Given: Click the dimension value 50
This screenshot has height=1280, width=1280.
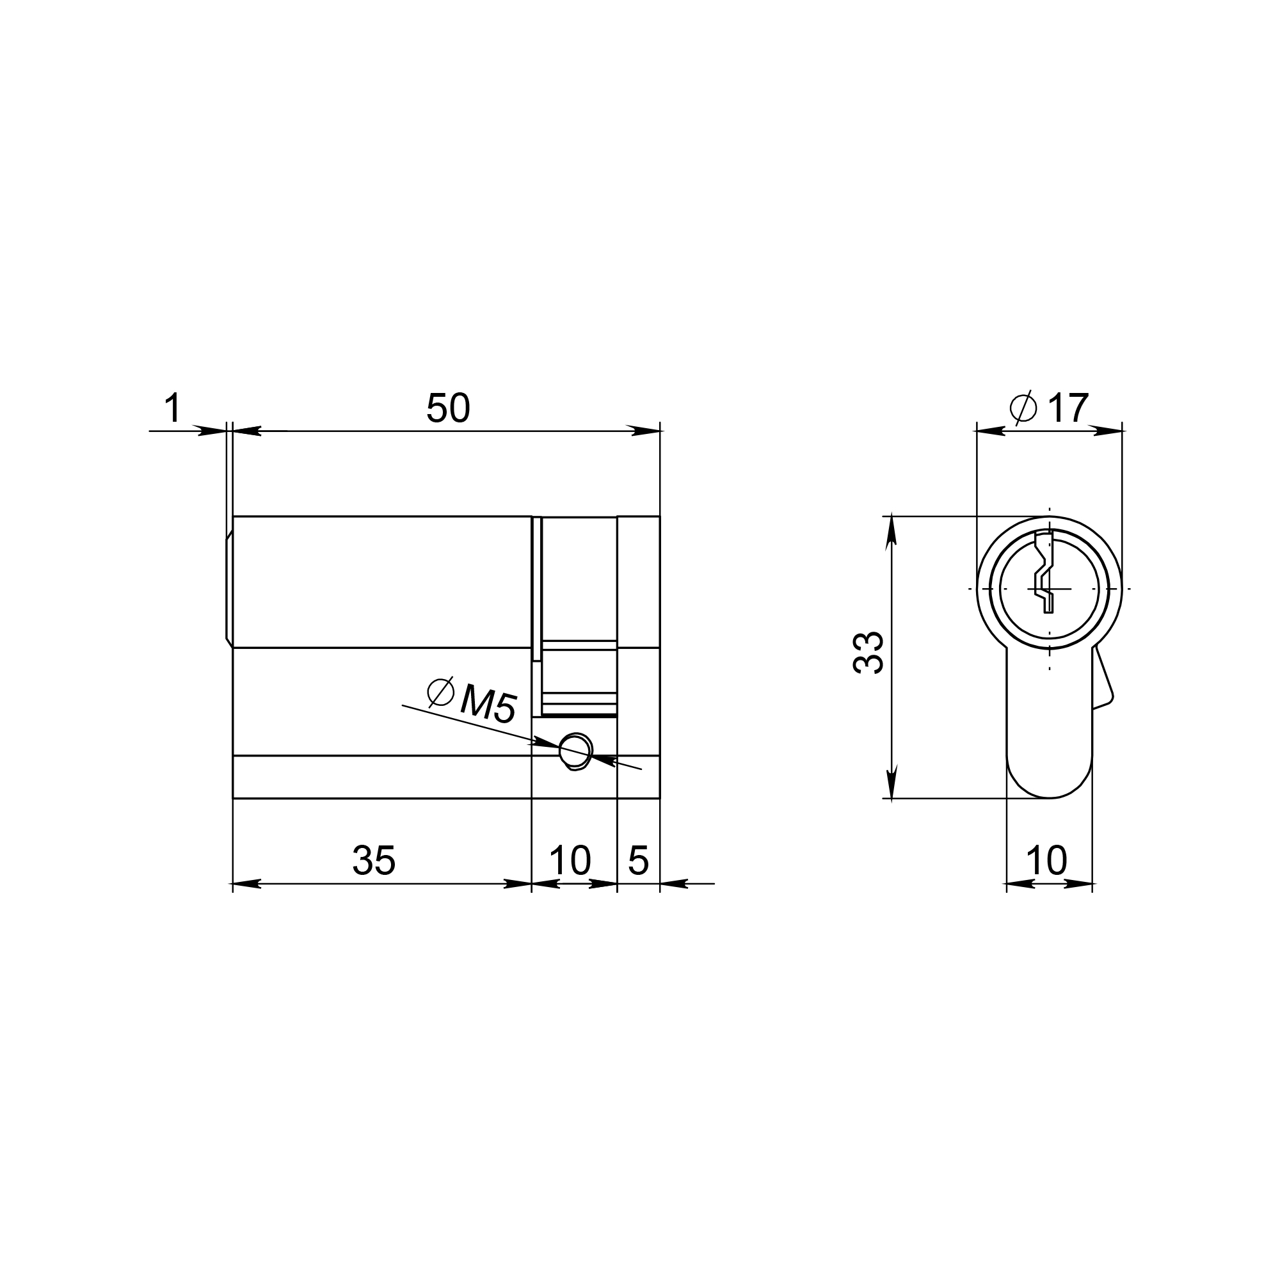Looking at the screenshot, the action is point(448,408).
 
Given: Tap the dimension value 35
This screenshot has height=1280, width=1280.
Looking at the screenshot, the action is point(374,861).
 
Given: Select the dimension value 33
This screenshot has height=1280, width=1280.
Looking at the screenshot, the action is point(868,653).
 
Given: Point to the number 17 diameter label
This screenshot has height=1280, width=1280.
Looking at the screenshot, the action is point(1068,408).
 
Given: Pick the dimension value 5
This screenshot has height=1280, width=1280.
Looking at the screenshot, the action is point(638,861).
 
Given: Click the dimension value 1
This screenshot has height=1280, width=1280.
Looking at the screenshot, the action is point(172,408).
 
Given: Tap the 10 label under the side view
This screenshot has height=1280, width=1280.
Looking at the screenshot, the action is point(570,861).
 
